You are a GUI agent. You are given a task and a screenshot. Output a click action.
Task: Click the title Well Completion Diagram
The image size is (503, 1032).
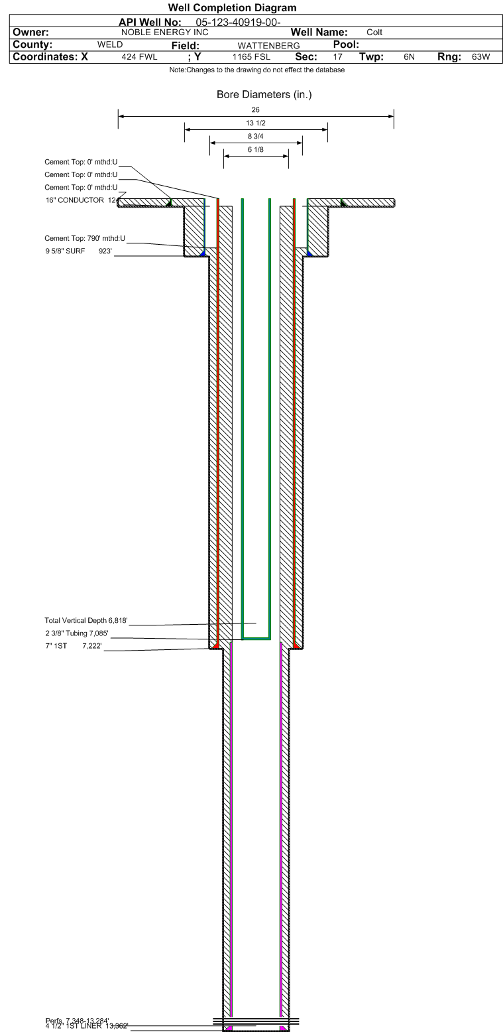click(x=232, y=8)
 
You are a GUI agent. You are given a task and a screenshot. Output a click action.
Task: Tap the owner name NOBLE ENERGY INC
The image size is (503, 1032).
click(x=165, y=32)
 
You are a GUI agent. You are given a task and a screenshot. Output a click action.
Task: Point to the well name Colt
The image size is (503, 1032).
click(x=374, y=32)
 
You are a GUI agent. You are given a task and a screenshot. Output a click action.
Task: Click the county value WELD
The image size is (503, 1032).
click(x=110, y=44)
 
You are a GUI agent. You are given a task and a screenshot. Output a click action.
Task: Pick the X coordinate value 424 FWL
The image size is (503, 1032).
click(x=139, y=57)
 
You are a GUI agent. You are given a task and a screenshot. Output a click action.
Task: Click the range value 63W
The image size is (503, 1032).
click(x=480, y=57)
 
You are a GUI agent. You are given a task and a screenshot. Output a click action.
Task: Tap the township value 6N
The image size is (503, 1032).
click(x=409, y=57)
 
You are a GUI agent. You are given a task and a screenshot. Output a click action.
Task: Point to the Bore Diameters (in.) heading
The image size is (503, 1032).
click(x=264, y=95)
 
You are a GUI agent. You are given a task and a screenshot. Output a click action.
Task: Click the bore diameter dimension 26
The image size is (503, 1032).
click(x=256, y=109)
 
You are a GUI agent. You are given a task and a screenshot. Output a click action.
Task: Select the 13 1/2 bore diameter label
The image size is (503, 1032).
click(x=256, y=123)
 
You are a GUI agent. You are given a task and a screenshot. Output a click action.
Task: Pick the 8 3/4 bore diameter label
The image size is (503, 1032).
click(x=256, y=137)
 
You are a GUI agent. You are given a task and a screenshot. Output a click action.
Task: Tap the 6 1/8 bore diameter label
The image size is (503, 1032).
click(x=256, y=150)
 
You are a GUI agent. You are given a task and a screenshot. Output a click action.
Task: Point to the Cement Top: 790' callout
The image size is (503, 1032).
click(x=85, y=238)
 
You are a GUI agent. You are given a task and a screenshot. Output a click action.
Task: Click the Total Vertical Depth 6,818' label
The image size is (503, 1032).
click(x=85, y=621)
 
